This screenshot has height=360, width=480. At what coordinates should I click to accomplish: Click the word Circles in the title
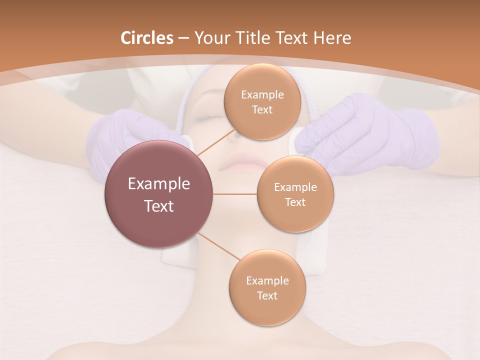(x=146, y=38)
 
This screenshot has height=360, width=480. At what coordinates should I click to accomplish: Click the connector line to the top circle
(x=215, y=142)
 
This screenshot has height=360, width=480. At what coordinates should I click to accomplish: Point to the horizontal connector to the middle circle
(x=234, y=194)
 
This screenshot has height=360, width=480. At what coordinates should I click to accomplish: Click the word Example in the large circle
(x=158, y=184)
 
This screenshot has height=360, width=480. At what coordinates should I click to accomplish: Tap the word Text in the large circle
(x=158, y=206)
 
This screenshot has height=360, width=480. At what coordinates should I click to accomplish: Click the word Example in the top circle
(x=262, y=95)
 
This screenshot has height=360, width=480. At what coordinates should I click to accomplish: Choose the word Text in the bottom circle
(x=267, y=296)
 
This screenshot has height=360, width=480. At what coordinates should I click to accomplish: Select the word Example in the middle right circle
(x=295, y=187)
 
